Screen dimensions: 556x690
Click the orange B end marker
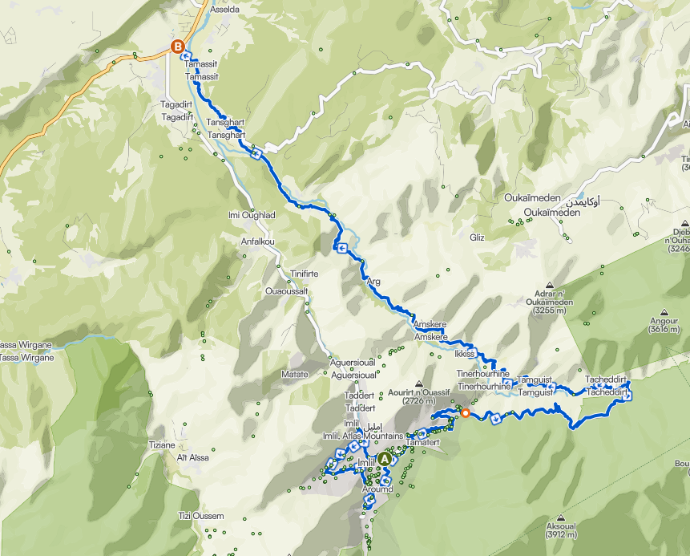coord(177,47)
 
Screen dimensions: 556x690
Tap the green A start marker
coord(385,459)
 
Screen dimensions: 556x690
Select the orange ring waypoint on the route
coord(465,414)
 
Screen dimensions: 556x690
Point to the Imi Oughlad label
coord(252,215)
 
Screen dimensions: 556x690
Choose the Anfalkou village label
coord(258,241)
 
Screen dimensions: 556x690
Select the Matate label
coord(294,374)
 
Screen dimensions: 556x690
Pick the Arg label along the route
coord(373,282)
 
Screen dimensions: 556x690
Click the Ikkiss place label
coord(465,354)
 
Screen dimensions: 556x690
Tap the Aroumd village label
coord(377,489)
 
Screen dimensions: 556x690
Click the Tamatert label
coord(423,442)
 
